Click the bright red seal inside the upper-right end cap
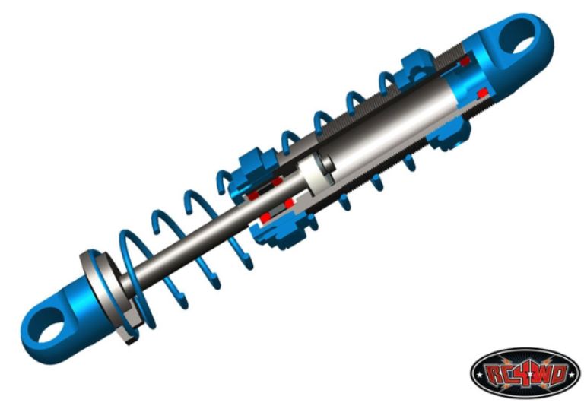[483, 92]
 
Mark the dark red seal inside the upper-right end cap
[465, 61]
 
